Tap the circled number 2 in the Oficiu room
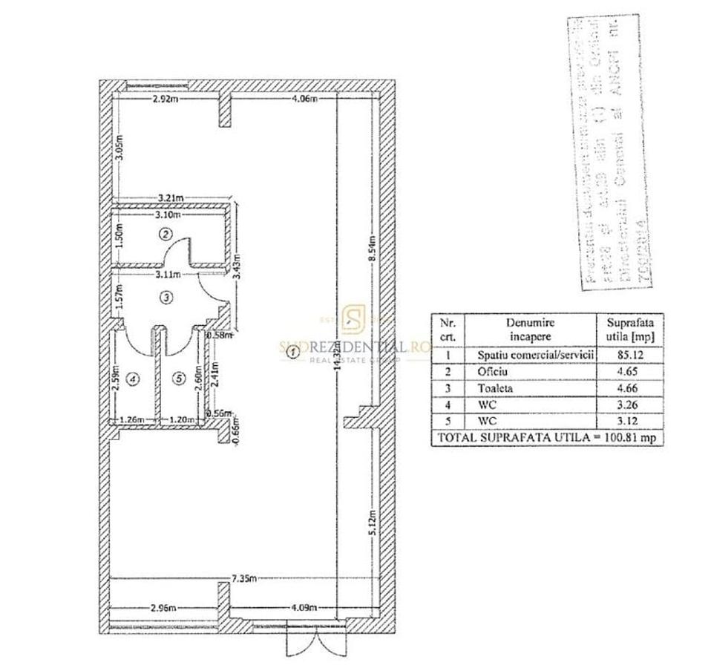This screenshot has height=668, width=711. tap(166, 234)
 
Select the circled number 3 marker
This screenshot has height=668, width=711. tap(166, 298)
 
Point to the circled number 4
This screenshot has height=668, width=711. tap(133, 379)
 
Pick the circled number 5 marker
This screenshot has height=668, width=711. tap(178, 379)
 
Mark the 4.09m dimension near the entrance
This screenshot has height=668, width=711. tap(304, 607)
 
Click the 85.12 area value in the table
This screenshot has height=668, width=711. tap(629, 355)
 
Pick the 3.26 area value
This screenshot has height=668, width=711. tap(629, 405)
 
